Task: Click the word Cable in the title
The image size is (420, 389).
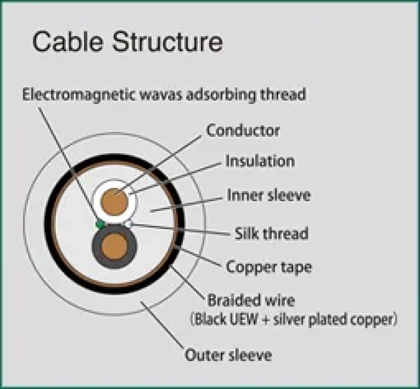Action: click(68, 42)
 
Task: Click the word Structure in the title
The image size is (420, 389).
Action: click(167, 42)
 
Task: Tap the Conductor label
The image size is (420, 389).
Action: click(243, 131)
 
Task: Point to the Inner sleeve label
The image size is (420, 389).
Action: click(268, 195)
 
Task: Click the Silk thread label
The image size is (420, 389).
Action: click(271, 233)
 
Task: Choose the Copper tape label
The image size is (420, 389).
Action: click(269, 267)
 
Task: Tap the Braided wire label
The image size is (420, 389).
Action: click(251, 300)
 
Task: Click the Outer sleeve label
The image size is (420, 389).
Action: click(228, 355)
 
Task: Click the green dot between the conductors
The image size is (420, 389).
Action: click(100, 224)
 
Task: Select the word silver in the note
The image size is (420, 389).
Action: click(289, 320)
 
